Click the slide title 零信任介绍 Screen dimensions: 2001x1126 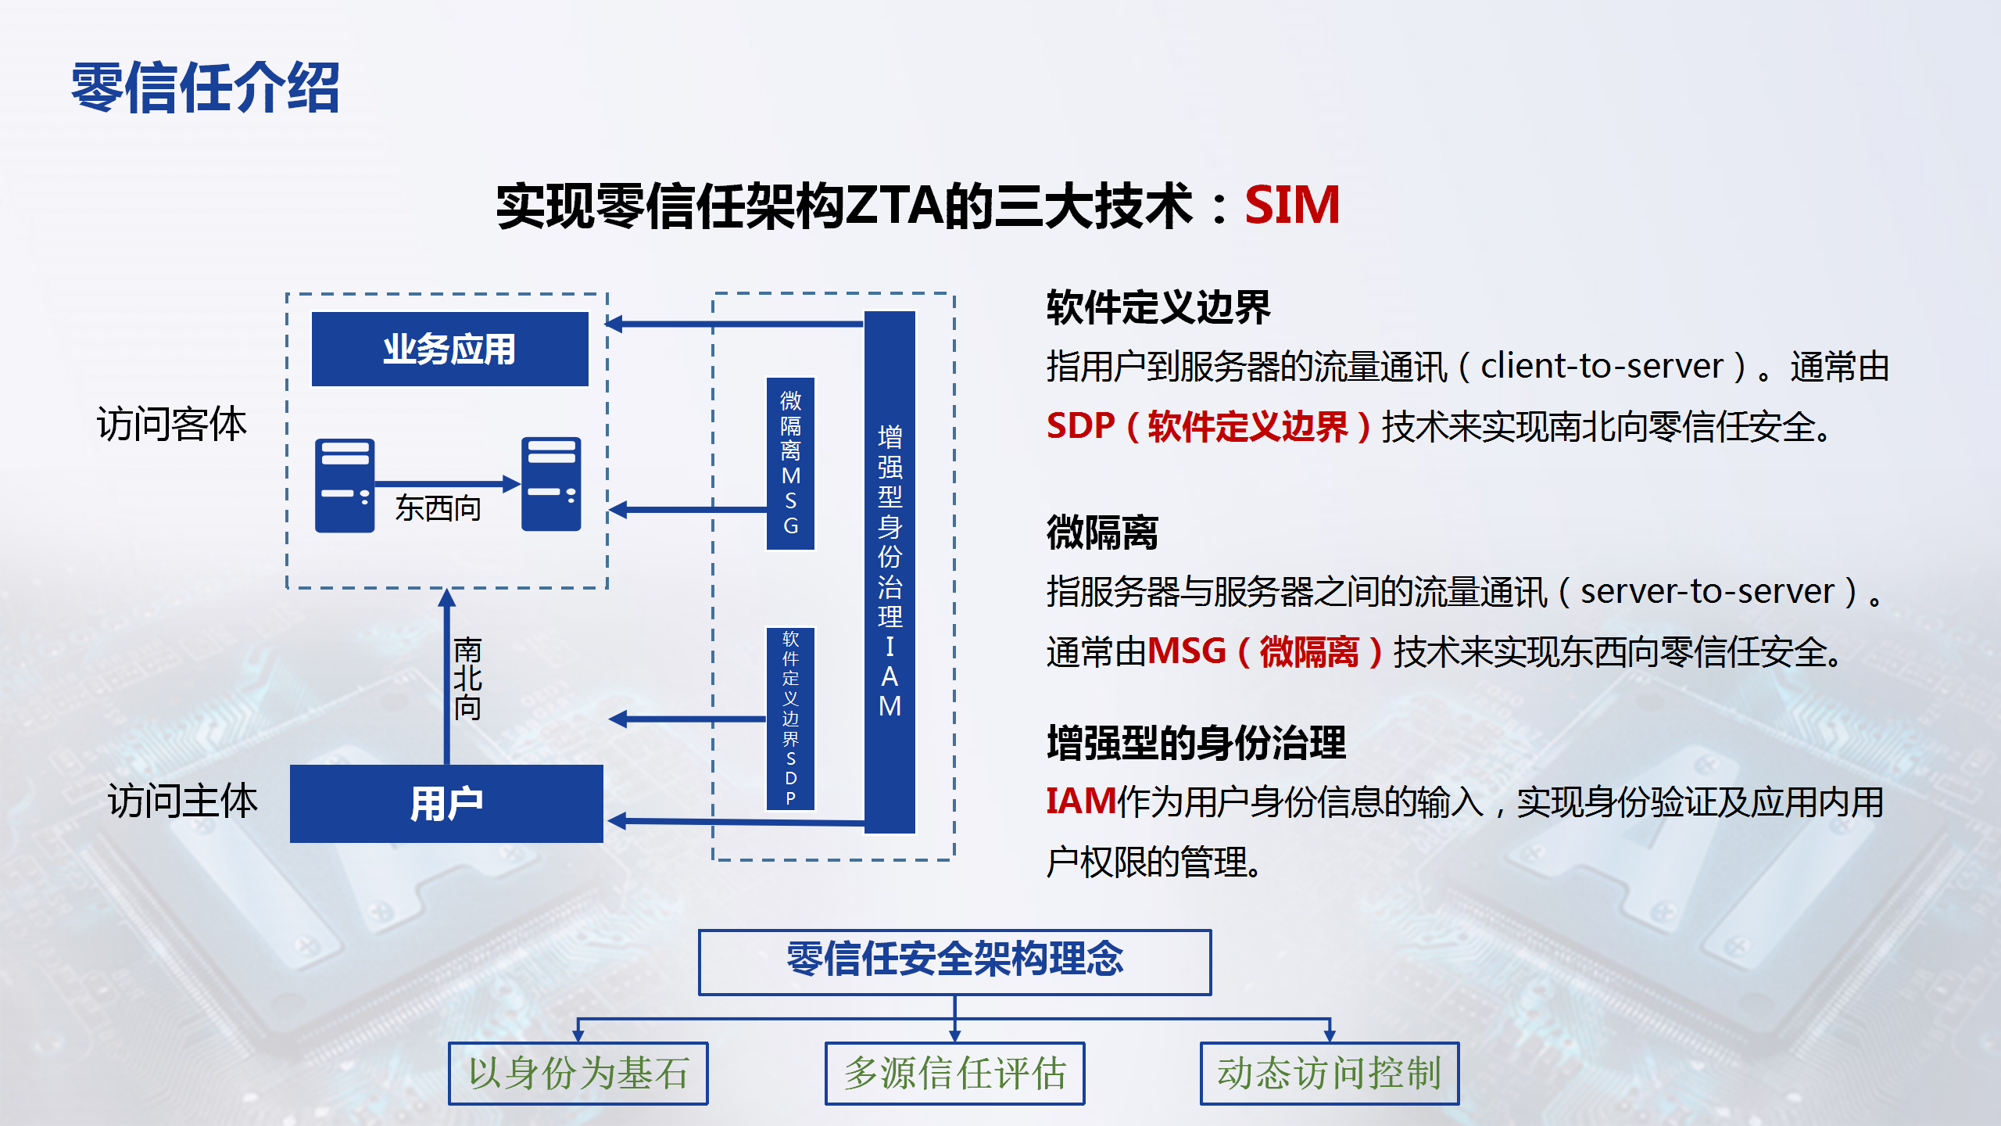pos(206,88)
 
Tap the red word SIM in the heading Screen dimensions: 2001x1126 pos(1292,205)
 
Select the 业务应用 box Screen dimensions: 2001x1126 pos(450,349)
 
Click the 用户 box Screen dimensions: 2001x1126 pos(446,803)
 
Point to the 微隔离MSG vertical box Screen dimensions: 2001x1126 pos(790,464)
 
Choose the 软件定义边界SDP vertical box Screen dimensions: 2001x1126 pos(790,719)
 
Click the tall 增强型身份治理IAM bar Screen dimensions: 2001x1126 pos(890,572)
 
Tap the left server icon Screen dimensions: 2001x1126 pos(345,486)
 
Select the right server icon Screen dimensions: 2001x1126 pos(551,484)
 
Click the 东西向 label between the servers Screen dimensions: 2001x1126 pos(438,508)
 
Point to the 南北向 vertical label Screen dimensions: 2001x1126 pos(467,679)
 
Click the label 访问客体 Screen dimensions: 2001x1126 pos(172,424)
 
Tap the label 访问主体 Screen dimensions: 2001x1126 pos(183,801)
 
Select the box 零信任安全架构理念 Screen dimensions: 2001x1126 pos(954,962)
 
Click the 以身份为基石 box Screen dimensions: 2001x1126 pos(578,1073)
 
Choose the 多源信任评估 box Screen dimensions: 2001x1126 pos(955,1073)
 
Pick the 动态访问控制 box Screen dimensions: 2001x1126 pos(1330,1073)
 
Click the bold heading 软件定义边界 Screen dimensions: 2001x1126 pos(1158,307)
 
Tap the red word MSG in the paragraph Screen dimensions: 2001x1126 pos(1187,651)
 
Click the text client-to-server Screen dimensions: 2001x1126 pos(1602,366)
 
